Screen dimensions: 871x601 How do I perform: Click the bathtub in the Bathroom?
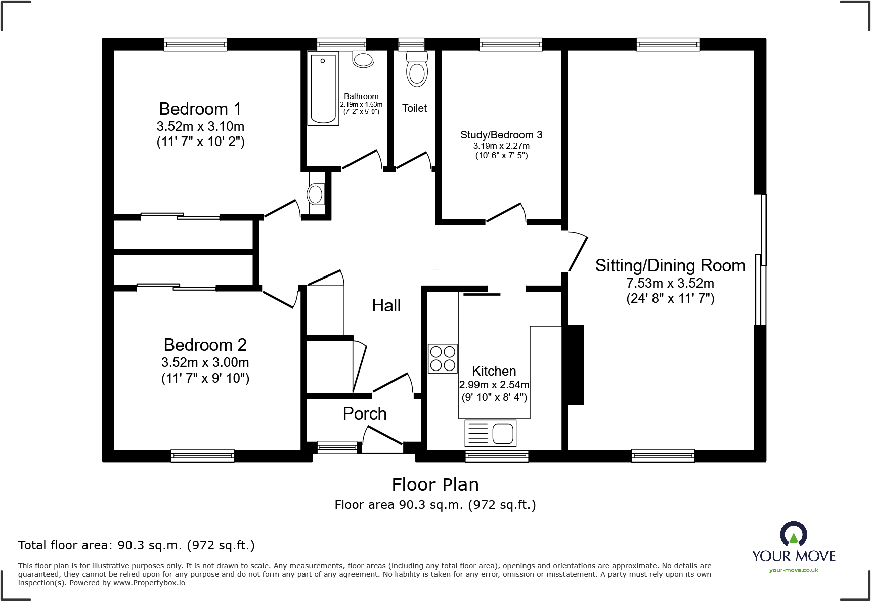coord(323,88)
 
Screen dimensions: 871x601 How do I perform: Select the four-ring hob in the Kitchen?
coord(443,358)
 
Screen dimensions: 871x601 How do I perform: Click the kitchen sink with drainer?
coord(490,433)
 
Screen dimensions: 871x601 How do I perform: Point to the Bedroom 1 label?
coord(200,109)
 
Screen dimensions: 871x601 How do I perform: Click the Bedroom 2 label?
coord(205,345)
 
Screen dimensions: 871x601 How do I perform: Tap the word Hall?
coord(386,305)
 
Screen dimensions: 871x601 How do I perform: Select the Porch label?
coord(365,413)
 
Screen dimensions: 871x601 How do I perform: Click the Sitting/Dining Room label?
coord(670,265)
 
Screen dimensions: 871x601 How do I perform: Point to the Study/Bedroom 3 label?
coord(501,135)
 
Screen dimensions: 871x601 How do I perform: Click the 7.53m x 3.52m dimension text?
coord(670,283)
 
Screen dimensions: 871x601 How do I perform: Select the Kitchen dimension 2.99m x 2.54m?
coord(494,385)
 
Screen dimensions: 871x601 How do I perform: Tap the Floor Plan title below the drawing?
coord(435,485)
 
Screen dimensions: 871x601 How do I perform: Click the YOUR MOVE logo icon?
coord(794,534)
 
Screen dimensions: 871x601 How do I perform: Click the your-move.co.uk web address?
coord(794,570)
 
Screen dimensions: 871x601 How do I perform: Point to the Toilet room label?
coord(414,108)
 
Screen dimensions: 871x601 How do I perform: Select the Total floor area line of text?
coord(137,545)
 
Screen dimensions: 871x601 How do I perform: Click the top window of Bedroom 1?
coord(195,45)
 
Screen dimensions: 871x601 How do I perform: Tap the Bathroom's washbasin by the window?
coord(363,59)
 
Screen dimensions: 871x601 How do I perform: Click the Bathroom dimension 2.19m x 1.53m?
coord(361,105)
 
